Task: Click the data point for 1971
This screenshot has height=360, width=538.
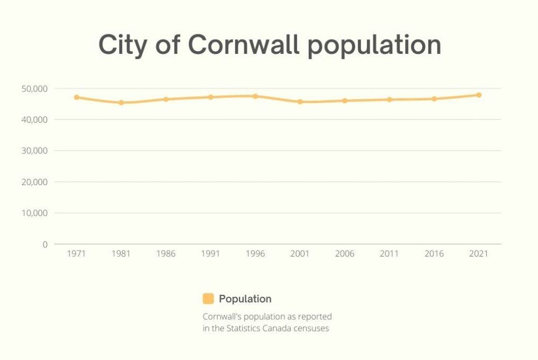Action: (76, 97)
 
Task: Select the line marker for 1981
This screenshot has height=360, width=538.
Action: (121, 102)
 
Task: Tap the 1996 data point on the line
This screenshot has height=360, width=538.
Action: (256, 96)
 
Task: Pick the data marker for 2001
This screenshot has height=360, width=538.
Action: (300, 102)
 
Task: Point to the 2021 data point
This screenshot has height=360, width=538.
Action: (478, 95)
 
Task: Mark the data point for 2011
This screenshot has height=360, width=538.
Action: (389, 100)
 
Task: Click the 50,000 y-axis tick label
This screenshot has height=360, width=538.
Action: (37, 88)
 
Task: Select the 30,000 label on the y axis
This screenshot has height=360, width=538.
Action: (37, 151)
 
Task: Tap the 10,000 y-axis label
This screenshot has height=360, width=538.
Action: (37, 213)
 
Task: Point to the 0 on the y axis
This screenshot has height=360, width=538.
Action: (45, 244)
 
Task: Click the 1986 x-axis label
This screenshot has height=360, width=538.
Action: (166, 254)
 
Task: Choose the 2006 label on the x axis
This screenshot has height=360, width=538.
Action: (344, 254)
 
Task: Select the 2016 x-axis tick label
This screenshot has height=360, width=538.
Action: (434, 254)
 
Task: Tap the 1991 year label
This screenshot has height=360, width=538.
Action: (210, 254)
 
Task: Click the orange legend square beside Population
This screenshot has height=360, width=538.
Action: (208, 299)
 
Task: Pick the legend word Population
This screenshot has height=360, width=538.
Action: (245, 299)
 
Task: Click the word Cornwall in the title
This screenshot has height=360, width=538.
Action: (244, 45)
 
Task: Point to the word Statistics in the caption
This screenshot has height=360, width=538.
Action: (254, 328)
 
